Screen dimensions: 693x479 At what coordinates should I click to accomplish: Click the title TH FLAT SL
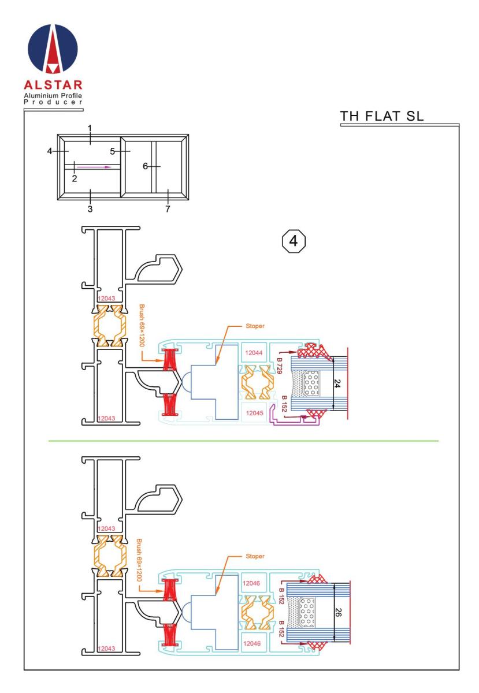(382, 115)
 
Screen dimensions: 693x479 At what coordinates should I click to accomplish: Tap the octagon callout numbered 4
(293, 241)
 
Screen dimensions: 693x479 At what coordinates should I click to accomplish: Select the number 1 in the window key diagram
(90, 127)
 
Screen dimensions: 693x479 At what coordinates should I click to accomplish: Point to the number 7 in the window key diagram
(168, 208)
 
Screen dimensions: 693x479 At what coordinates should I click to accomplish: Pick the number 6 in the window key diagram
(146, 166)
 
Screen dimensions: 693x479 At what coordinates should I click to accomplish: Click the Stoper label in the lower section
(254, 556)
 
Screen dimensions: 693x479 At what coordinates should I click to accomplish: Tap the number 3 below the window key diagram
(90, 208)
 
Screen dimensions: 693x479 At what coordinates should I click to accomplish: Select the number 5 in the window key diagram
(113, 151)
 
